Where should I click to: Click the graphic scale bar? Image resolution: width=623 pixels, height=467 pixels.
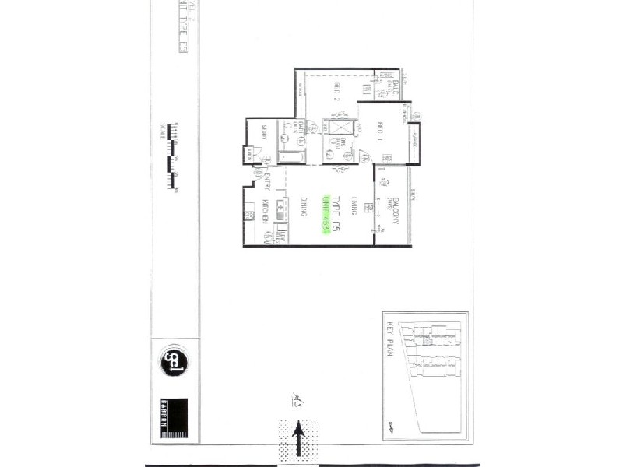[x=172, y=156]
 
